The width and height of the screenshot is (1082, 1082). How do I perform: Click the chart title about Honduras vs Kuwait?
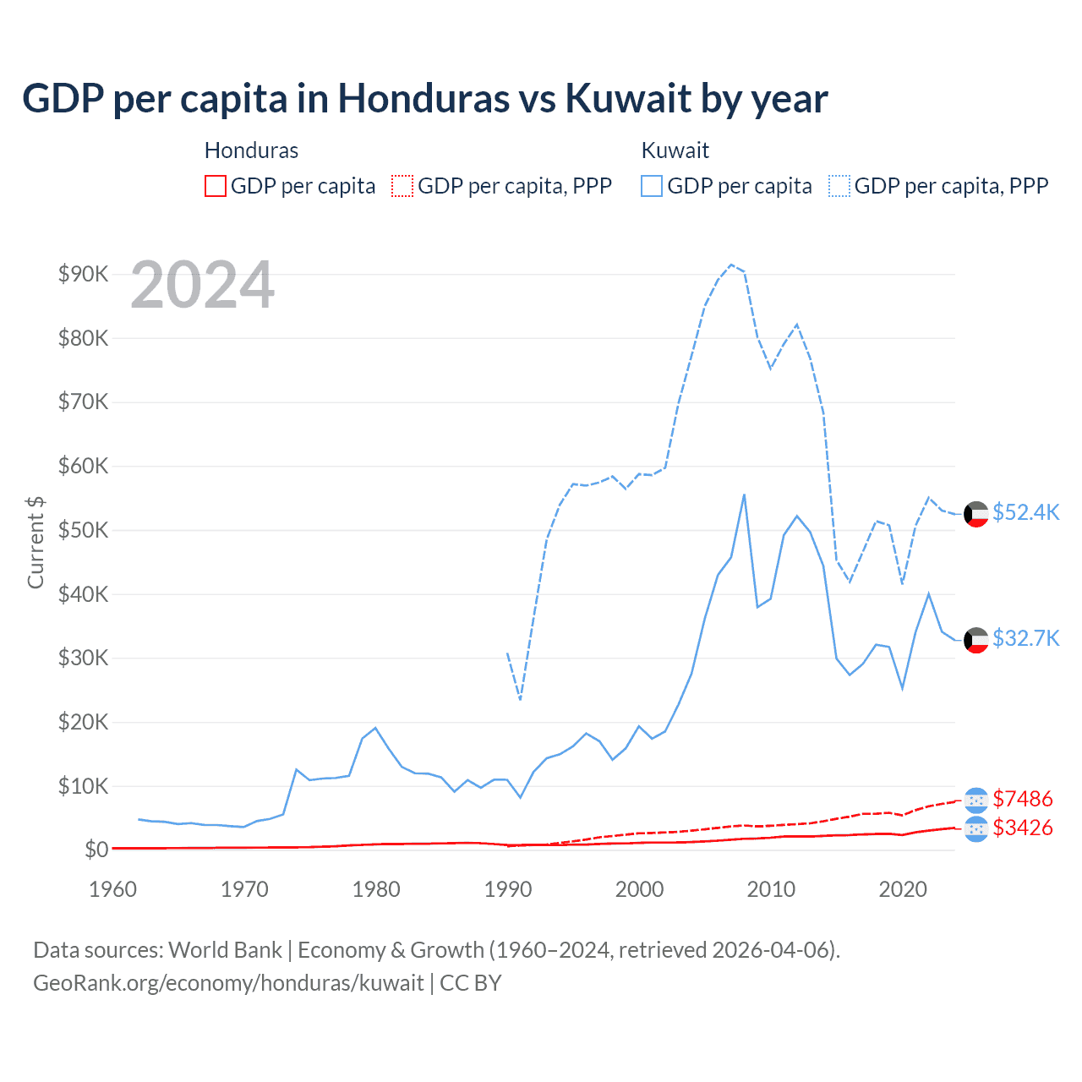pyautogui.click(x=424, y=99)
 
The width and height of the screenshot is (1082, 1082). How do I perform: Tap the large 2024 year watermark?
pyautogui.click(x=202, y=285)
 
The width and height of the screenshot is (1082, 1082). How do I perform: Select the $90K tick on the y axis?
pyautogui.click(x=83, y=274)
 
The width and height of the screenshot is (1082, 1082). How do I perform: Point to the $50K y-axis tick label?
pyautogui.click(x=83, y=530)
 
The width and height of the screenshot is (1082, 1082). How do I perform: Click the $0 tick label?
pyautogui.click(x=96, y=850)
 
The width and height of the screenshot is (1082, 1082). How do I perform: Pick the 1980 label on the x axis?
pyautogui.click(x=376, y=889)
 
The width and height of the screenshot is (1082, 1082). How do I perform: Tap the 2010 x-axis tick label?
pyautogui.click(x=771, y=889)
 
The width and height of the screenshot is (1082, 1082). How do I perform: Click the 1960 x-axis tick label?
pyautogui.click(x=112, y=889)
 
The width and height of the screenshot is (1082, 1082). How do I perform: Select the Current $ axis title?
pyautogui.click(x=36, y=542)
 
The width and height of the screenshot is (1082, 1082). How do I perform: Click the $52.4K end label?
pyautogui.click(x=1025, y=513)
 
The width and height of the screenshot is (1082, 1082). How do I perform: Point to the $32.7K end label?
pyautogui.click(x=1025, y=638)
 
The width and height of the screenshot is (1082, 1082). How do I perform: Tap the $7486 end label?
pyautogui.click(x=1023, y=799)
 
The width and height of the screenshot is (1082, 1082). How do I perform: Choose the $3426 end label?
pyautogui.click(x=1023, y=828)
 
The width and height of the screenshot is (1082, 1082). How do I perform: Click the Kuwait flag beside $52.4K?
pyautogui.click(x=976, y=514)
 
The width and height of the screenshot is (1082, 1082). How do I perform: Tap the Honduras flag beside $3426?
pyautogui.click(x=976, y=829)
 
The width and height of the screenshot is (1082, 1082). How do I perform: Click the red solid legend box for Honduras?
pyautogui.click(x=216, y=186)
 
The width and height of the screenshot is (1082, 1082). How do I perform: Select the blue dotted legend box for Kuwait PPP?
pyautogui.click(x=839, y=186)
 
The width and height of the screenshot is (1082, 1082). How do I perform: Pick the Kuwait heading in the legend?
pyautogui.click(x=675, y=150)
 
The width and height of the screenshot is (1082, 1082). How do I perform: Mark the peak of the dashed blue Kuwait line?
pyautogui.click(x=731, y=265)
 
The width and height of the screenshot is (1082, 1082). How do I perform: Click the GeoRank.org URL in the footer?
pyautogui.click(x=228, y=983)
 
